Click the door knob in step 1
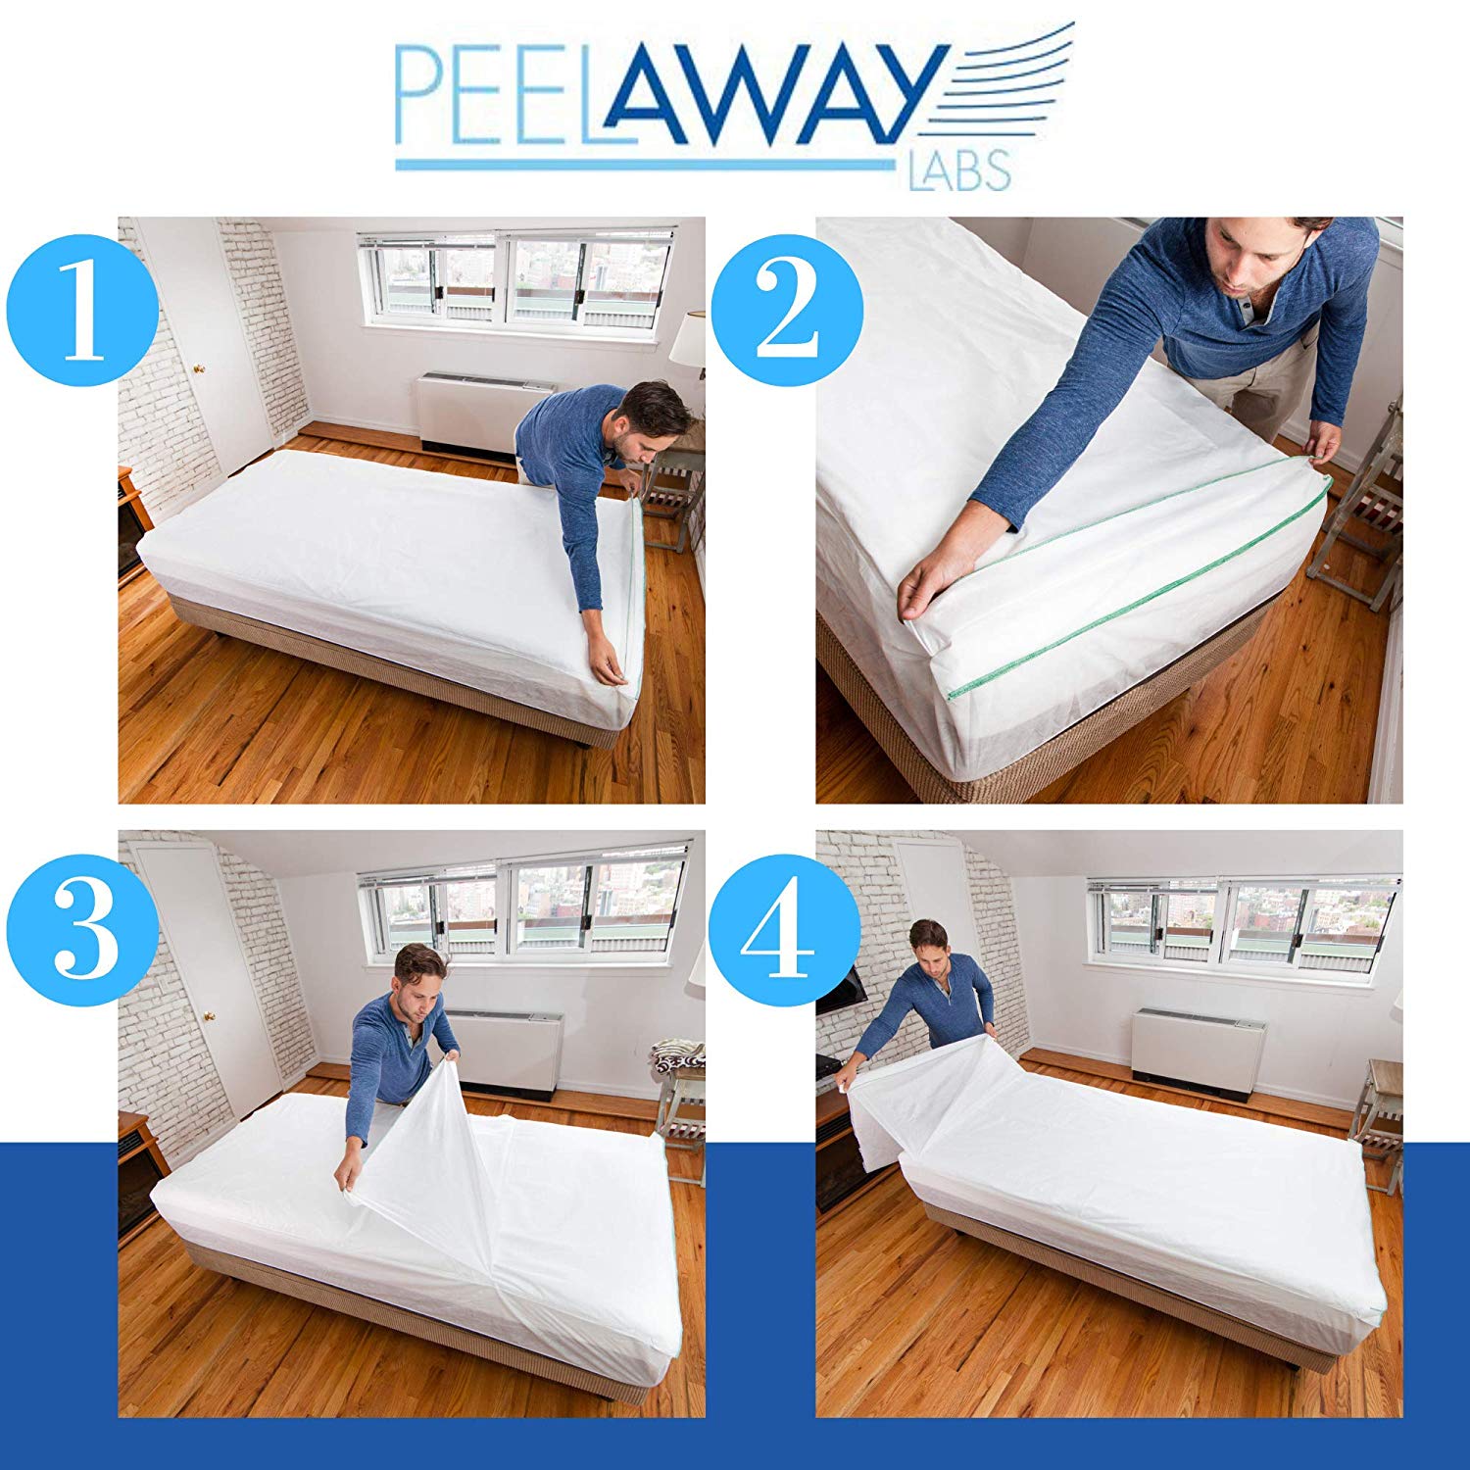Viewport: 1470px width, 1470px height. click(x=199, y=368)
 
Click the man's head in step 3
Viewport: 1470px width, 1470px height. click(x=419, y=980)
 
